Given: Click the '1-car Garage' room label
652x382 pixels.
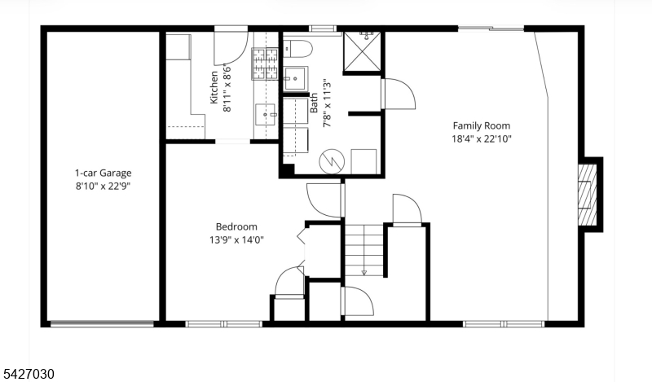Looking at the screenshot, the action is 104,173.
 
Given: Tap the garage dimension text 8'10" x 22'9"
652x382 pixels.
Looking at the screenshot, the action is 104,186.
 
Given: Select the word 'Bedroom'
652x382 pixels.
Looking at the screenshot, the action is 236,227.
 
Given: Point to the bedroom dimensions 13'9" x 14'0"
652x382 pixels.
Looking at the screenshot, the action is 236,239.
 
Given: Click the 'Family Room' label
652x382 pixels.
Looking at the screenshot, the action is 482,126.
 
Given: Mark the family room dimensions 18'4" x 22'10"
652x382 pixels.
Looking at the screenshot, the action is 482,138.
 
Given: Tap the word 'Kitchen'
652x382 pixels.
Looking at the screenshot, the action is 214,87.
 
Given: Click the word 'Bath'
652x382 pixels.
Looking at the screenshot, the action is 314,103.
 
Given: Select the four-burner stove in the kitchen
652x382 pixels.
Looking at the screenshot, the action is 265,64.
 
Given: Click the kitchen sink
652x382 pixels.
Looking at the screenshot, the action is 267,114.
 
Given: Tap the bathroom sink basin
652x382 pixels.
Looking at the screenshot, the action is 295,78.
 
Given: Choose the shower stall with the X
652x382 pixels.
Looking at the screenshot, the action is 362,51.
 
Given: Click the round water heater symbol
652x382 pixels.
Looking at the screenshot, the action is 332,162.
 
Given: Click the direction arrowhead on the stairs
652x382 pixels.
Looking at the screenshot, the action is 363,273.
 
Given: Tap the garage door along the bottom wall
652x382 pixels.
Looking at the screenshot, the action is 102,324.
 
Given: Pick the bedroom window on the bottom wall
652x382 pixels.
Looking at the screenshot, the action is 224,324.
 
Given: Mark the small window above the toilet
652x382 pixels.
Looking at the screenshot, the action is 323,29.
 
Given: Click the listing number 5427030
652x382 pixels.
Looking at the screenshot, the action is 28,374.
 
